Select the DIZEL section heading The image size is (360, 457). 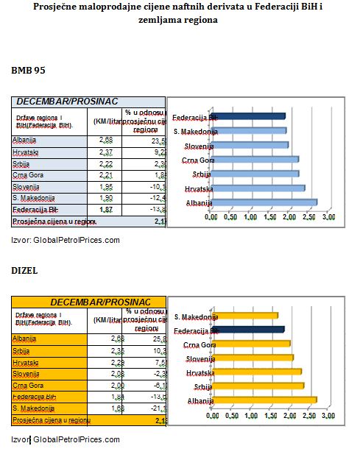[x=24, y=271]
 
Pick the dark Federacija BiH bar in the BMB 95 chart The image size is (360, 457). [x=247, y=116]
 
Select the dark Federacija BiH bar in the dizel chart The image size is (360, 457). [x=248, y=330]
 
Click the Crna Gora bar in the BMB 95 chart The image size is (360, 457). [x=254, y=159]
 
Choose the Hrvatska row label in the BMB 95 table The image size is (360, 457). [x=26, y=152]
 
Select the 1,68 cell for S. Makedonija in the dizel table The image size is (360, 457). [x=107, y=408]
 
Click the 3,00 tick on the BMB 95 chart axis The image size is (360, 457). [x=328, y=218]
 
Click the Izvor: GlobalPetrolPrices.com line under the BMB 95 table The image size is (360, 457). [x=65, y=240]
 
